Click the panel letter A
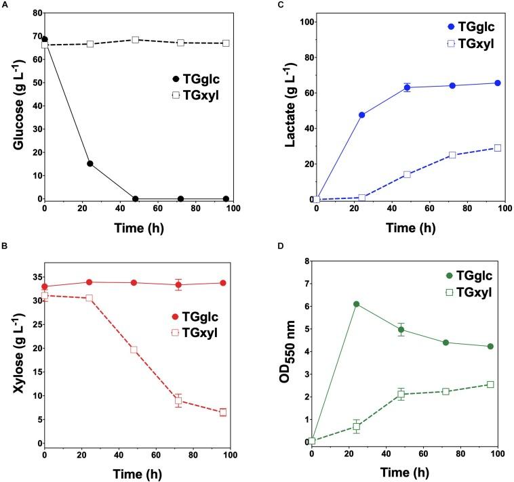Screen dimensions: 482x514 coord(5,5)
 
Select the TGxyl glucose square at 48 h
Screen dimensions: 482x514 coord(135,40)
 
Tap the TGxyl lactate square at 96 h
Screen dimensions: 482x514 coord(497,148)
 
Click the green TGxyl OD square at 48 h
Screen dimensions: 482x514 coord(401,394)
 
